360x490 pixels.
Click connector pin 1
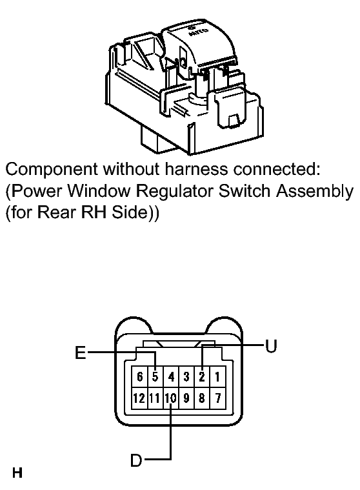[217, 377]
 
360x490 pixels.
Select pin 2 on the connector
[202, 377]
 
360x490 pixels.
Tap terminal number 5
[155, 377]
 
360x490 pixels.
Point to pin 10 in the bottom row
[171, 398]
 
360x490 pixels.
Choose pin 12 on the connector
[139, 398]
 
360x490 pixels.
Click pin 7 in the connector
[217, 398]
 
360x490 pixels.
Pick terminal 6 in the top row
[139, 377]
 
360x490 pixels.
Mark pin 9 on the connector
[186, 398]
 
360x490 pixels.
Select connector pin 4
[171, 377]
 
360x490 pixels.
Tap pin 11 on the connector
[155, 398]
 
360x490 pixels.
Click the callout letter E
[81, 352]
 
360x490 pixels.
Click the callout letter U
[271, 346]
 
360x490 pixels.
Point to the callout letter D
[136, 460]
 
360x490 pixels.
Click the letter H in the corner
[17, 473]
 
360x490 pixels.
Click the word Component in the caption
[52, 170]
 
